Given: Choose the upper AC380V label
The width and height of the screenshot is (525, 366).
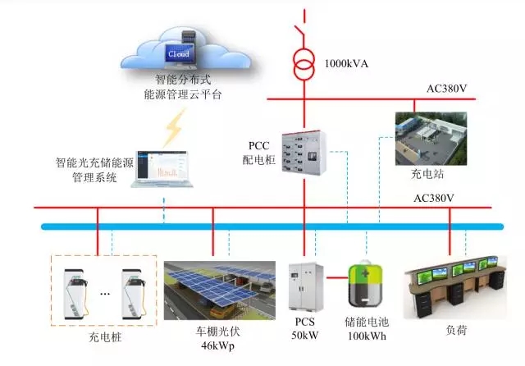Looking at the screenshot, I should coord(448,89).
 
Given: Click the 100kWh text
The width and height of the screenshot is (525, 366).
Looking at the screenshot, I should coord(367,336).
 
